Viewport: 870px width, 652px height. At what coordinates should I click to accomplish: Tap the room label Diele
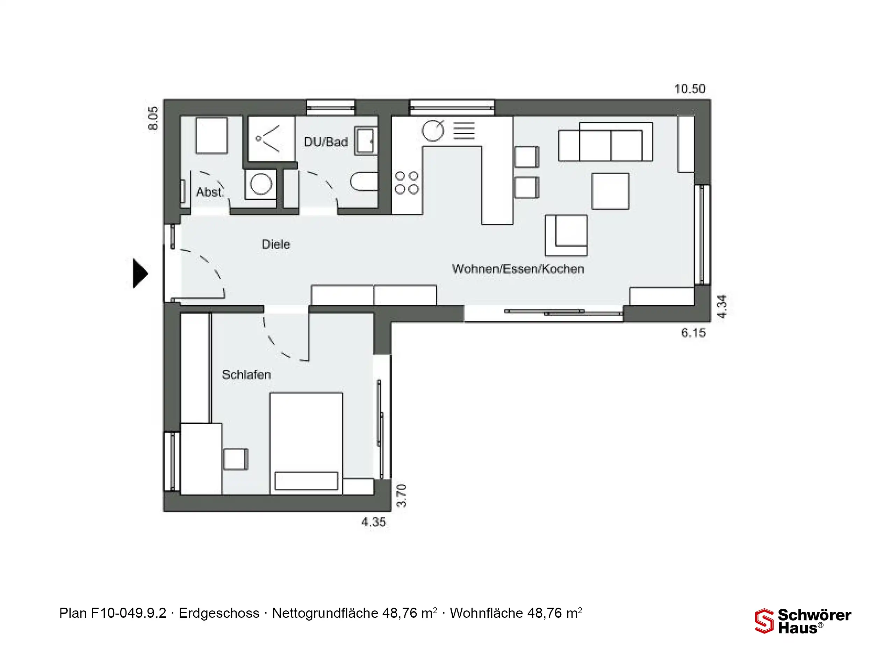[276, 244]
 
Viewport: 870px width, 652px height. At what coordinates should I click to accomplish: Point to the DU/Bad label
[326, 141]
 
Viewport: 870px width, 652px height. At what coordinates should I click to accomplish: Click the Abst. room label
[210, 192]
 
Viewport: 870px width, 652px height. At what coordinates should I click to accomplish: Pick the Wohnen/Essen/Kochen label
[518, 269]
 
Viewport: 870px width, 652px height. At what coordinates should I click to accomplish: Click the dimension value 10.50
[690, 89]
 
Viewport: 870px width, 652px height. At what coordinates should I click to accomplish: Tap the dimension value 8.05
[153, 118]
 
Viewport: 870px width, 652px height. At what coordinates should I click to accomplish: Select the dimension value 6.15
[693, 333]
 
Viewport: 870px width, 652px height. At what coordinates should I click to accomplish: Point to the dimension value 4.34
[722, 306]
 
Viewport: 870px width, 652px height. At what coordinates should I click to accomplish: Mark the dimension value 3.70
[401, 496]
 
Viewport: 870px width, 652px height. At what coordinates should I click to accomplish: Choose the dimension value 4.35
[374, 522]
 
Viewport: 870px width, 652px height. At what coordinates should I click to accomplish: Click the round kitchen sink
[433, 131]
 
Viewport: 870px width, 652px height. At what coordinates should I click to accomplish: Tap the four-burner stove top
[407, 183]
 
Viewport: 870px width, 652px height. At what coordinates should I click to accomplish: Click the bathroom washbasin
[366, 141]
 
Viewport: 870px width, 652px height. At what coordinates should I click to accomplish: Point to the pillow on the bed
[306, 481]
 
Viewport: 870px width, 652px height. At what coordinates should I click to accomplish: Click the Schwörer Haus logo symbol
[764, 621]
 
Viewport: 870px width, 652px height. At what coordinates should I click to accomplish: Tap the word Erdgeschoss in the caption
[219, 613]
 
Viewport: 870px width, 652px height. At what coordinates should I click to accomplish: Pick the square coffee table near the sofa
[610, 191]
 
